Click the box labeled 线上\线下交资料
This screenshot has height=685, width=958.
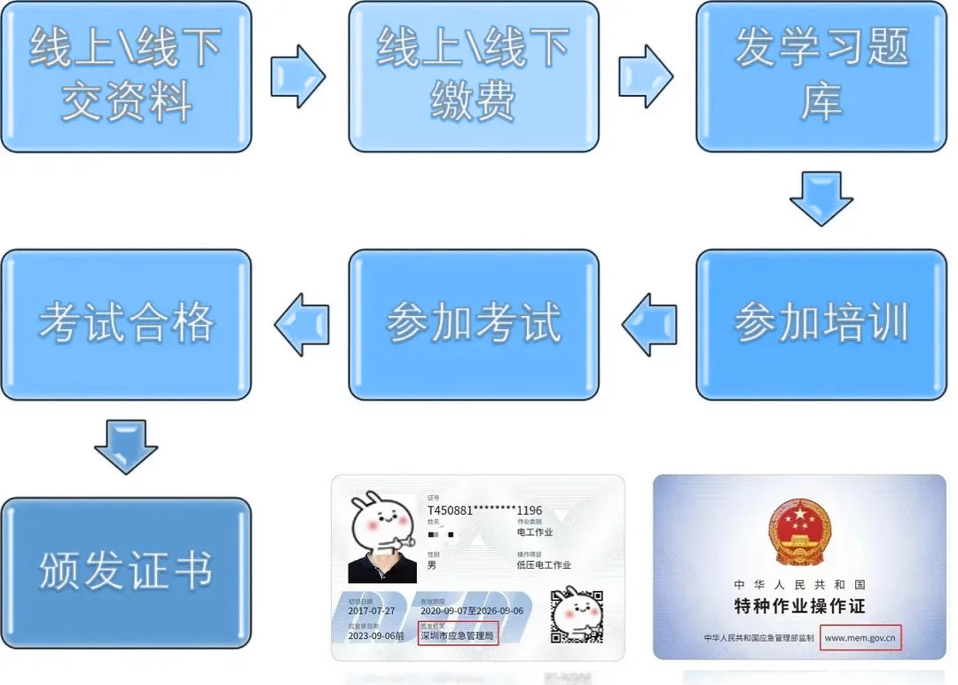coord(126,76)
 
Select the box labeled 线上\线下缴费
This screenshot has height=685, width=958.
coord(473,76)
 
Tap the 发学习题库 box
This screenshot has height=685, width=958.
coord(821,76)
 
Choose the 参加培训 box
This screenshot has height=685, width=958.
coord(821,324)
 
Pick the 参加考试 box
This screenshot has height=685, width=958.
coord(473,324)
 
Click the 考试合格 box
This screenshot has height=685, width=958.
coord(126,324)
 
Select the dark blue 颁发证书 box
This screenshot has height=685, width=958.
coord(126,572)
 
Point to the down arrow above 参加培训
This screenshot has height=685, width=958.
coord(821,198)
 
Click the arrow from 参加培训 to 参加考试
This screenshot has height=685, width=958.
coord(648,325)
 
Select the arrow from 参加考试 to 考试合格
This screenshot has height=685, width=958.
coord(302,325)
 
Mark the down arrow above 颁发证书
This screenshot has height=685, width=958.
coord(126,447)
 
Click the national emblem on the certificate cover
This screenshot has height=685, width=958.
coord(799,532)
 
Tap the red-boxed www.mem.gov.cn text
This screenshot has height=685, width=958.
coord(860,637)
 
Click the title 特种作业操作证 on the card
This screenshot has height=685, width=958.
coord(799,607)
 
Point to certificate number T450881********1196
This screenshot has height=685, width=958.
coord(484,511)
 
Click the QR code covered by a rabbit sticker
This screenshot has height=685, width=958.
coord(577,615)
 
